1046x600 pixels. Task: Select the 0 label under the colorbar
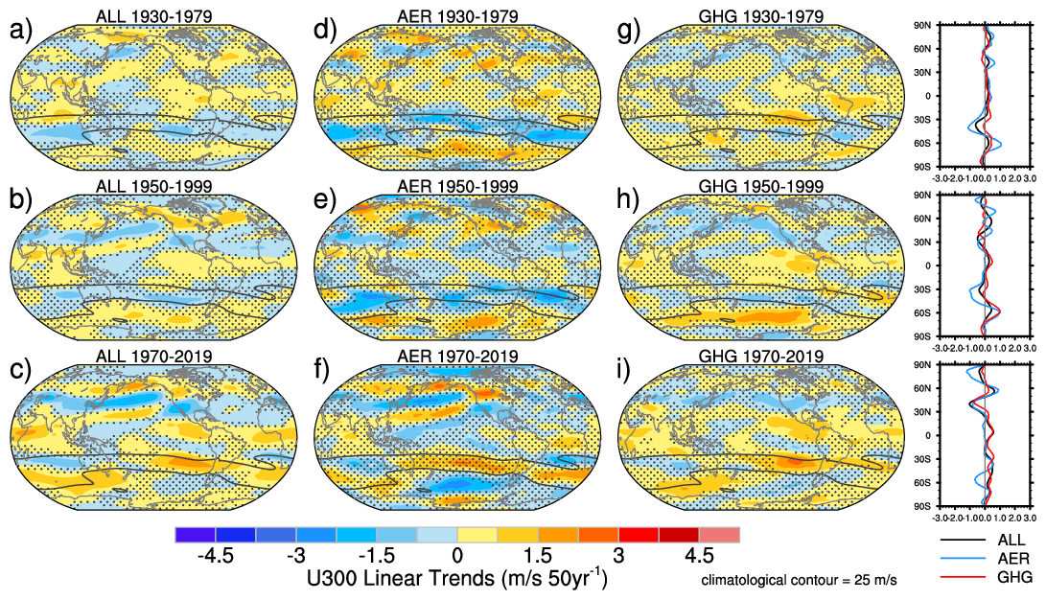pyautogui.click(x=457, y=556)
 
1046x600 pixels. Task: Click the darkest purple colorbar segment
pyautogui.click(x=196, y=535)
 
